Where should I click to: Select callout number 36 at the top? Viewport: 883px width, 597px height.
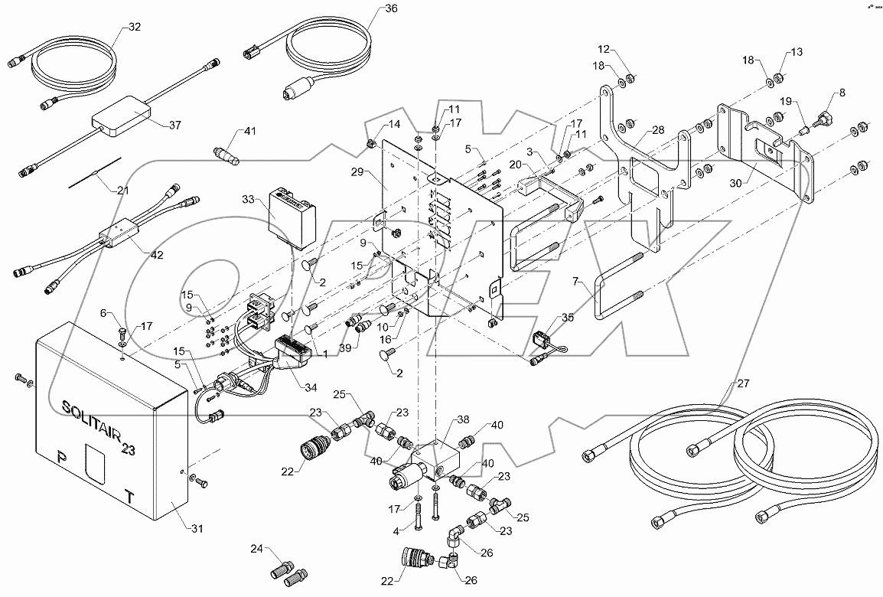[370, 8]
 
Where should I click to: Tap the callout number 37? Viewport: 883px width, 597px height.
[176, 126]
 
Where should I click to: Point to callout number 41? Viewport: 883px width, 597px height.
[249, 132]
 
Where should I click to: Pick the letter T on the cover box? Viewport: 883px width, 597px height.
[131, 497]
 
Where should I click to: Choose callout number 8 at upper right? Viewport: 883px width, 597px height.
[842, 93]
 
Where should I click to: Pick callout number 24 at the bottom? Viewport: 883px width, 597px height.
[258, 549]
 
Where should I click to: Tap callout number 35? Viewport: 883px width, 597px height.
[567, 316]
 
